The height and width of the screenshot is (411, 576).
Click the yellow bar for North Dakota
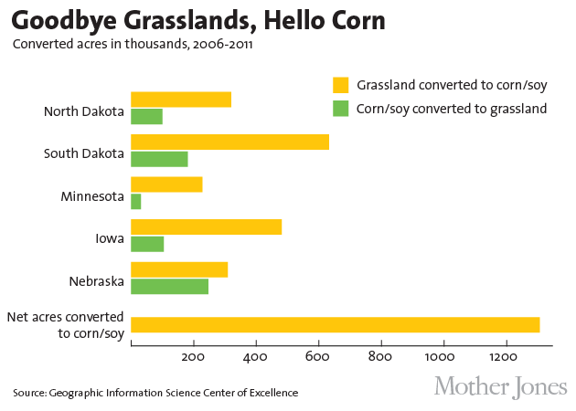click(181, 100)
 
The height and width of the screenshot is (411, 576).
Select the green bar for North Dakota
click(146, 116)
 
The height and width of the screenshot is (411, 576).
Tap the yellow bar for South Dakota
click(229, 142)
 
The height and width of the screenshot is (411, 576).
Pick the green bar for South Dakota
click(159, 159)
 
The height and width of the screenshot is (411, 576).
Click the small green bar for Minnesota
click(136, 201)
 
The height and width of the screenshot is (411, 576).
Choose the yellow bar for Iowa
click(206, 227)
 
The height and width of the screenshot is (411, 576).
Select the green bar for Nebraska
click(170, 286)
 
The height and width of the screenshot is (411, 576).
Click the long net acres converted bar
click(335, 324)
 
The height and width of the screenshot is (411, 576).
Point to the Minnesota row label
click(92, 196)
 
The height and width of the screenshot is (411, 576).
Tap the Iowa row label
click(109, 238)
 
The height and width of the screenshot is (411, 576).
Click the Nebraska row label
click(96, 281)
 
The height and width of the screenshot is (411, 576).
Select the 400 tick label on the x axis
click(256, 356)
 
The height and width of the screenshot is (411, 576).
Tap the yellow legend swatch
click(341, 85)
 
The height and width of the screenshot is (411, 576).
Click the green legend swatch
click(341, 108)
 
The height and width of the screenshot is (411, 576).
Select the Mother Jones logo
click(500, 385)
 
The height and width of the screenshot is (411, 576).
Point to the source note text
click(155, 393)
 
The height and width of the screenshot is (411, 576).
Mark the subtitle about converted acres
click(133, 43)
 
